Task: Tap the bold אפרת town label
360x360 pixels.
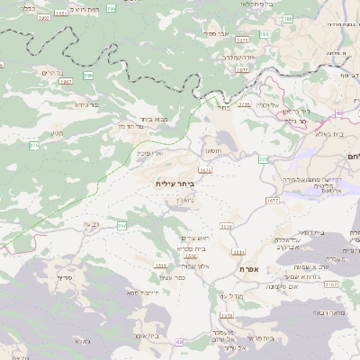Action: [249, 269]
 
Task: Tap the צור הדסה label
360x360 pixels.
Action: [131, 126]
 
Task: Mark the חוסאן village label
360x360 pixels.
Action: [212, 148]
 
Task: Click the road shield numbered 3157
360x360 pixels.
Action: [331, 284]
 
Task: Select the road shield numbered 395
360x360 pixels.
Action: [88, 76]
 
